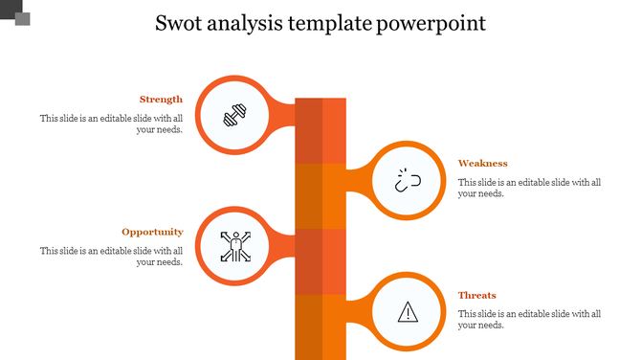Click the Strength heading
pos(161,100)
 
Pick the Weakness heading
pos(482,164)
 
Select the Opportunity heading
pos(152,232)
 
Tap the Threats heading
pos(476,296)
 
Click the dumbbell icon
pos(234,117)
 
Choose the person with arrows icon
pos(233,247)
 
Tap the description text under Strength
pos(111,124)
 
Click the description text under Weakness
pos(529,188)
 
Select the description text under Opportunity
pos(111,257)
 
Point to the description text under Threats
pos(529,320)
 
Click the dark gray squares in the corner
pos(16,13)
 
